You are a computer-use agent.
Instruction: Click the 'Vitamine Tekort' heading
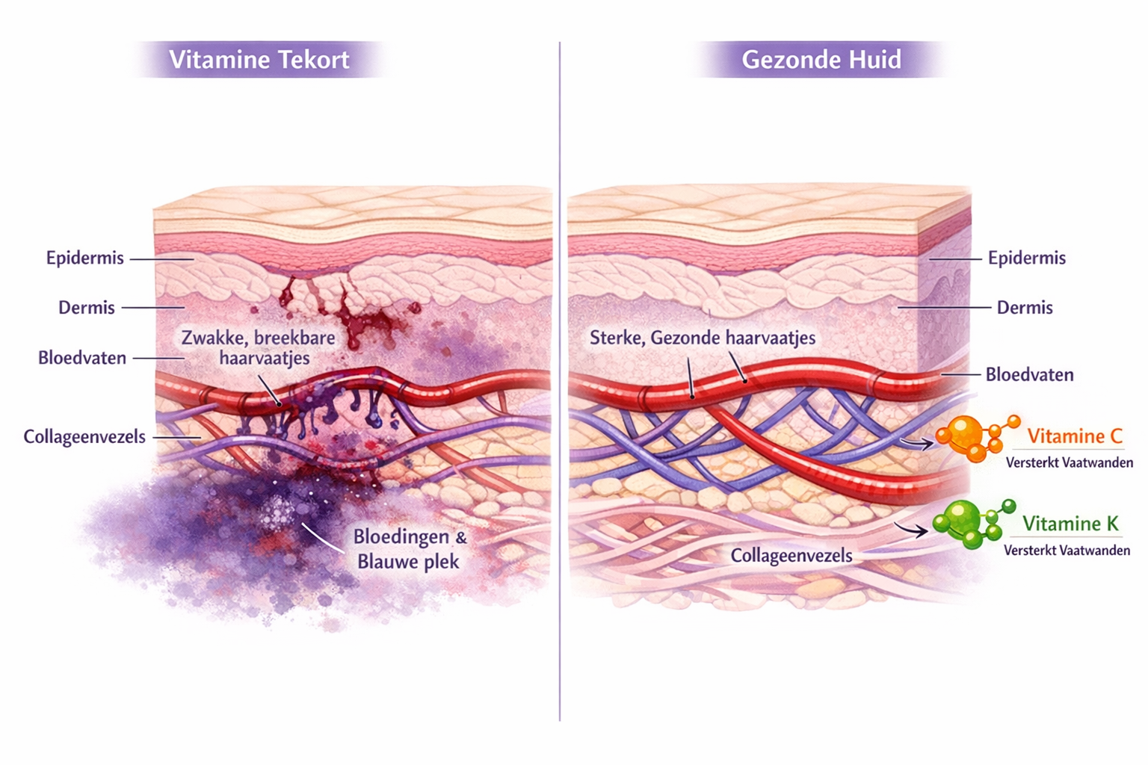259,60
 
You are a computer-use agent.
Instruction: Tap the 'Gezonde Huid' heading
821,60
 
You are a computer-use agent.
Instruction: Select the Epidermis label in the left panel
84,258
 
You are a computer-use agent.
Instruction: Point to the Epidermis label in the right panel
1026,258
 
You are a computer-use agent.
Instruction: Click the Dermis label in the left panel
87,308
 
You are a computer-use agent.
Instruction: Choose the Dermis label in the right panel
1024,308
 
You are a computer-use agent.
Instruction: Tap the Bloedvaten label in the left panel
82,358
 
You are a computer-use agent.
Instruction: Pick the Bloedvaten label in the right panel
1028,374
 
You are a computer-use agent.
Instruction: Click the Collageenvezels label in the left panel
84,436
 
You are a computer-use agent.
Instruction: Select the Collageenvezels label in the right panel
791,556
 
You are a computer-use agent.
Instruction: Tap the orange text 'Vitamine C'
1074,436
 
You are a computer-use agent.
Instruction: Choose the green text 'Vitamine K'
1070,524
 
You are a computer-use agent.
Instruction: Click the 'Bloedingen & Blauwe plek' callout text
409,549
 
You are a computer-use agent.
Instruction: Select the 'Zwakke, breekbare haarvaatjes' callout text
259,347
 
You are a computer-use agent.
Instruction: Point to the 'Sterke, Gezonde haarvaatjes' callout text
702,338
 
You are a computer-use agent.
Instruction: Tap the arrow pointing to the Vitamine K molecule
911,530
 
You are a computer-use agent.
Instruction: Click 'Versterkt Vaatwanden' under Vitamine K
1067,551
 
